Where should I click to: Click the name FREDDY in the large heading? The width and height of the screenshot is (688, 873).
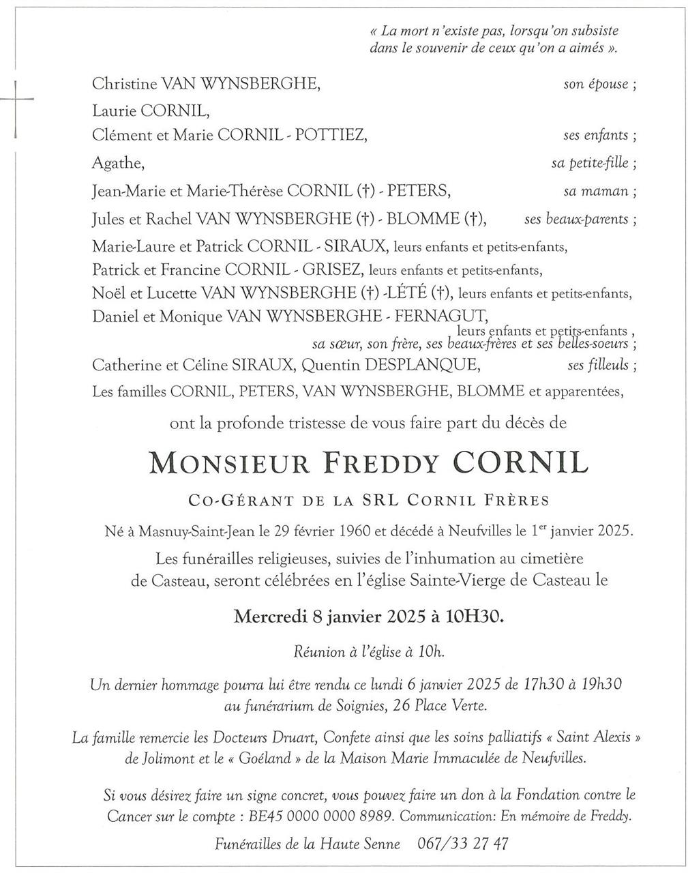click(x=385, y=463)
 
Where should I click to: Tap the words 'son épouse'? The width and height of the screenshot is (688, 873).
click(x=595, y=85)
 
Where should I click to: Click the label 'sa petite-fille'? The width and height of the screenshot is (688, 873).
click(x=590, y=163)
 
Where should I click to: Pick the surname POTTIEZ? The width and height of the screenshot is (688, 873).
click(x=333, y=135)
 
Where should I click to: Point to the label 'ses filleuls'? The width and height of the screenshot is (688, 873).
click(x=597, y=365)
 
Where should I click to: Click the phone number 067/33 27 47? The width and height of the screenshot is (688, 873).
click(x=462, y=844)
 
